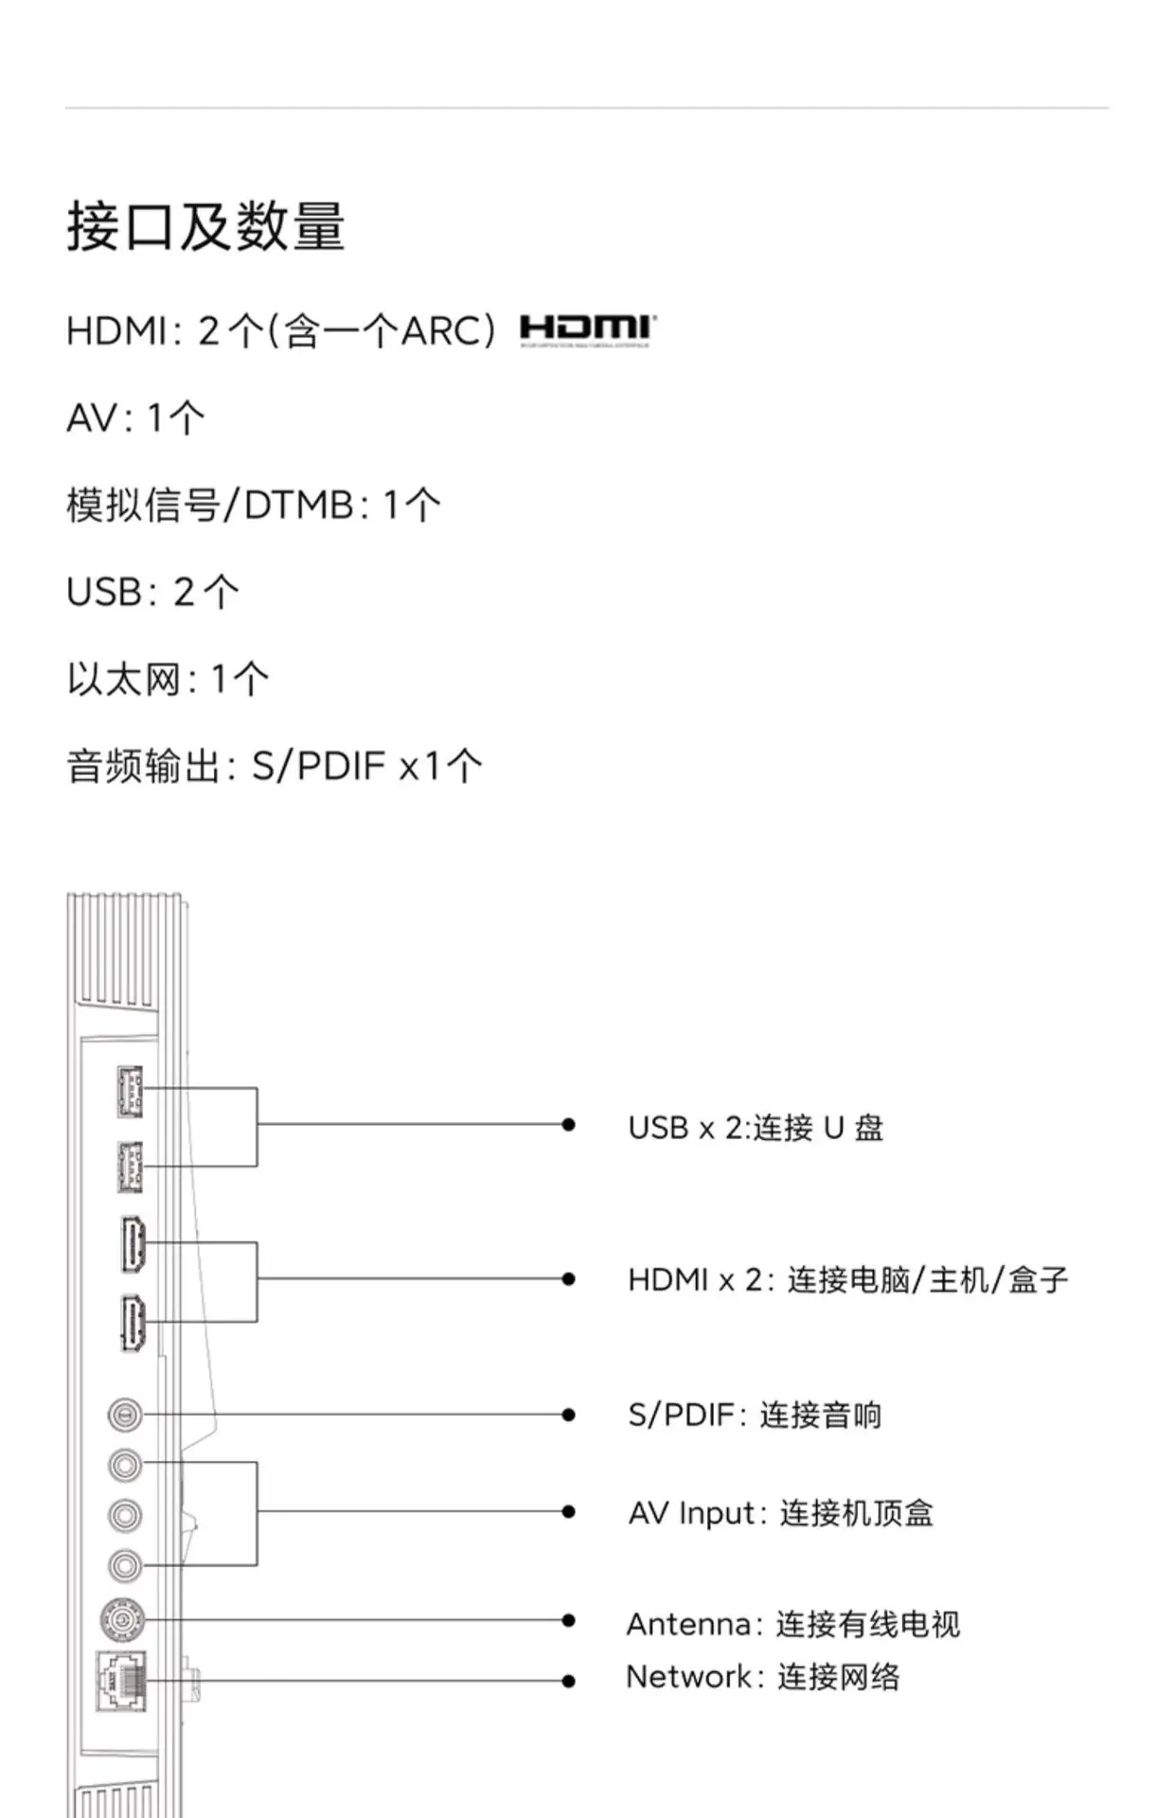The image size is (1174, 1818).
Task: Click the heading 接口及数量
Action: (x=205, y=227)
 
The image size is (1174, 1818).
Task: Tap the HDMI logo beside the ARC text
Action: (x=587, y=330)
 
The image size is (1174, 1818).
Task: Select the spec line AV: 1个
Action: (x=135, y=418)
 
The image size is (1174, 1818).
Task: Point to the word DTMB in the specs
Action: (x=299, y=505)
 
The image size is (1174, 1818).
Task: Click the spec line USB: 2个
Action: (x=152, y=592)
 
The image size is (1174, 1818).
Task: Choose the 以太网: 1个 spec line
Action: (x=168, y=679)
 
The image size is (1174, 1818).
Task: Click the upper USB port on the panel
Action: (x=130, y=1090)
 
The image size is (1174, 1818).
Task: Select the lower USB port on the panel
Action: (x=130, y=1167)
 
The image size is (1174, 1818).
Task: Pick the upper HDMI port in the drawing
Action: (x=133, y=1243)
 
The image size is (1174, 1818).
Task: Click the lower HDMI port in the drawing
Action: (x=133, y=1322)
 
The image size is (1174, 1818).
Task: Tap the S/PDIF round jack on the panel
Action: (x=125, y=1415)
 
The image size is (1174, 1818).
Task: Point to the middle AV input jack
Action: (x=125, y=1515)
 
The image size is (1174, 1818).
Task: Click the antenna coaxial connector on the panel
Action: (x=123, y=1620)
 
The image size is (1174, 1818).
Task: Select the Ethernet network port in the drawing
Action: (x=122, y=1681)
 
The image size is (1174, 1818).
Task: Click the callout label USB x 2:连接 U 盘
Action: (x=755, y=1128)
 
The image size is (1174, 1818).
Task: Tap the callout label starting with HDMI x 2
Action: (x=847, y=1280)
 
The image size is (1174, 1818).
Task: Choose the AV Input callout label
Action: (x=780, y=1513)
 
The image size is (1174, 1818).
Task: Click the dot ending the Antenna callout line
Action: (x=568, y=1620)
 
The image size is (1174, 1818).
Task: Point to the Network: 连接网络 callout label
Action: (x=762, y=1677)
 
